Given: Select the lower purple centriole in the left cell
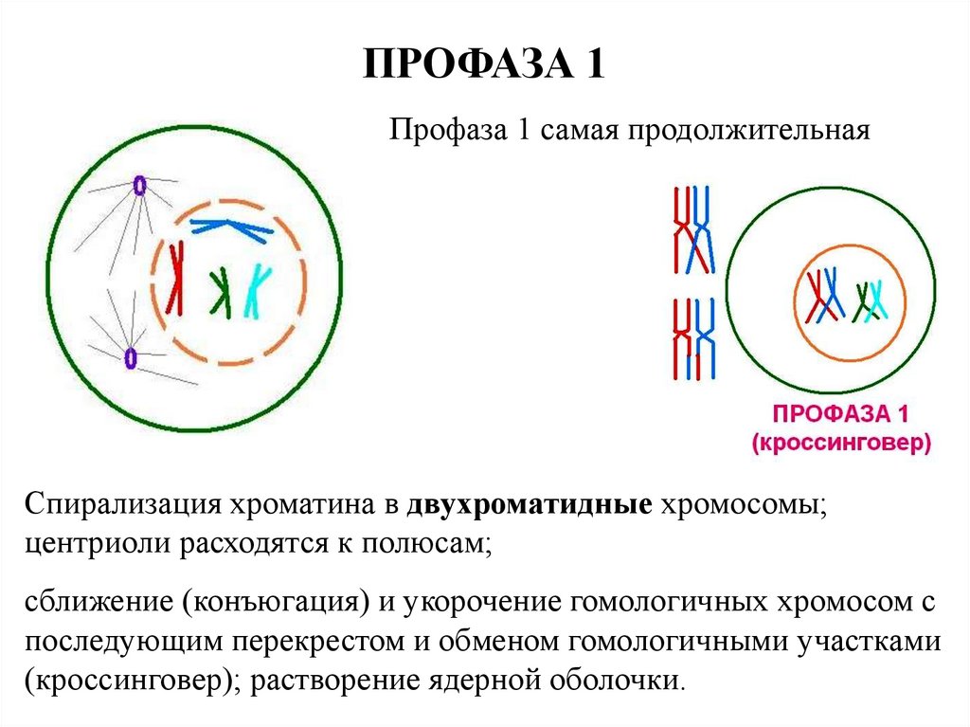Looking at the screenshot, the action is [130, 357].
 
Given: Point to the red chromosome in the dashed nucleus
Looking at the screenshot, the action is [175, 278].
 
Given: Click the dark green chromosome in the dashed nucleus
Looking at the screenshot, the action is [221, 288].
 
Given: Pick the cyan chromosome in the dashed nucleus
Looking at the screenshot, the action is [257, 290].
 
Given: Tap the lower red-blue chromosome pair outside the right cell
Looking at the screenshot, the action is [693, 338].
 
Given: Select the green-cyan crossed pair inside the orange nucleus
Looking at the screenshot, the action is [870, 301].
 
